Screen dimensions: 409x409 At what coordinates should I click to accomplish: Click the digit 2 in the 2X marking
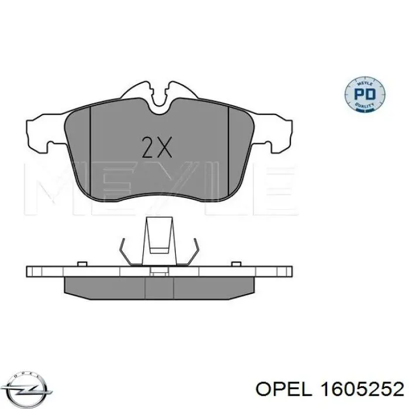click(x=148, y=148)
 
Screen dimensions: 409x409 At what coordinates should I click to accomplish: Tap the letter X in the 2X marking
click(x=164, y=148)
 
